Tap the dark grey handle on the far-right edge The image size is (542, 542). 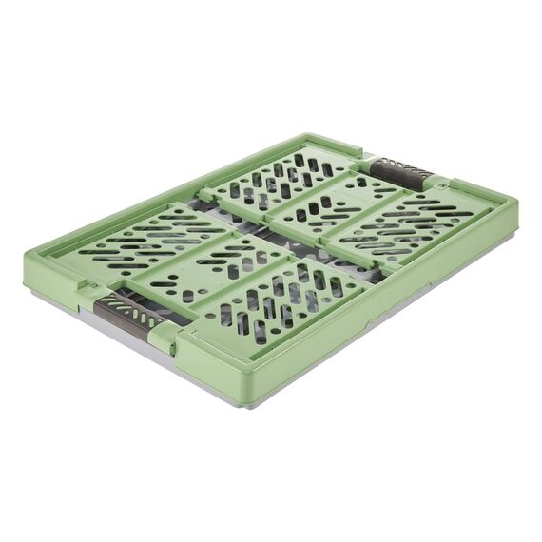pyautogui.click(x=400, y=173)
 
